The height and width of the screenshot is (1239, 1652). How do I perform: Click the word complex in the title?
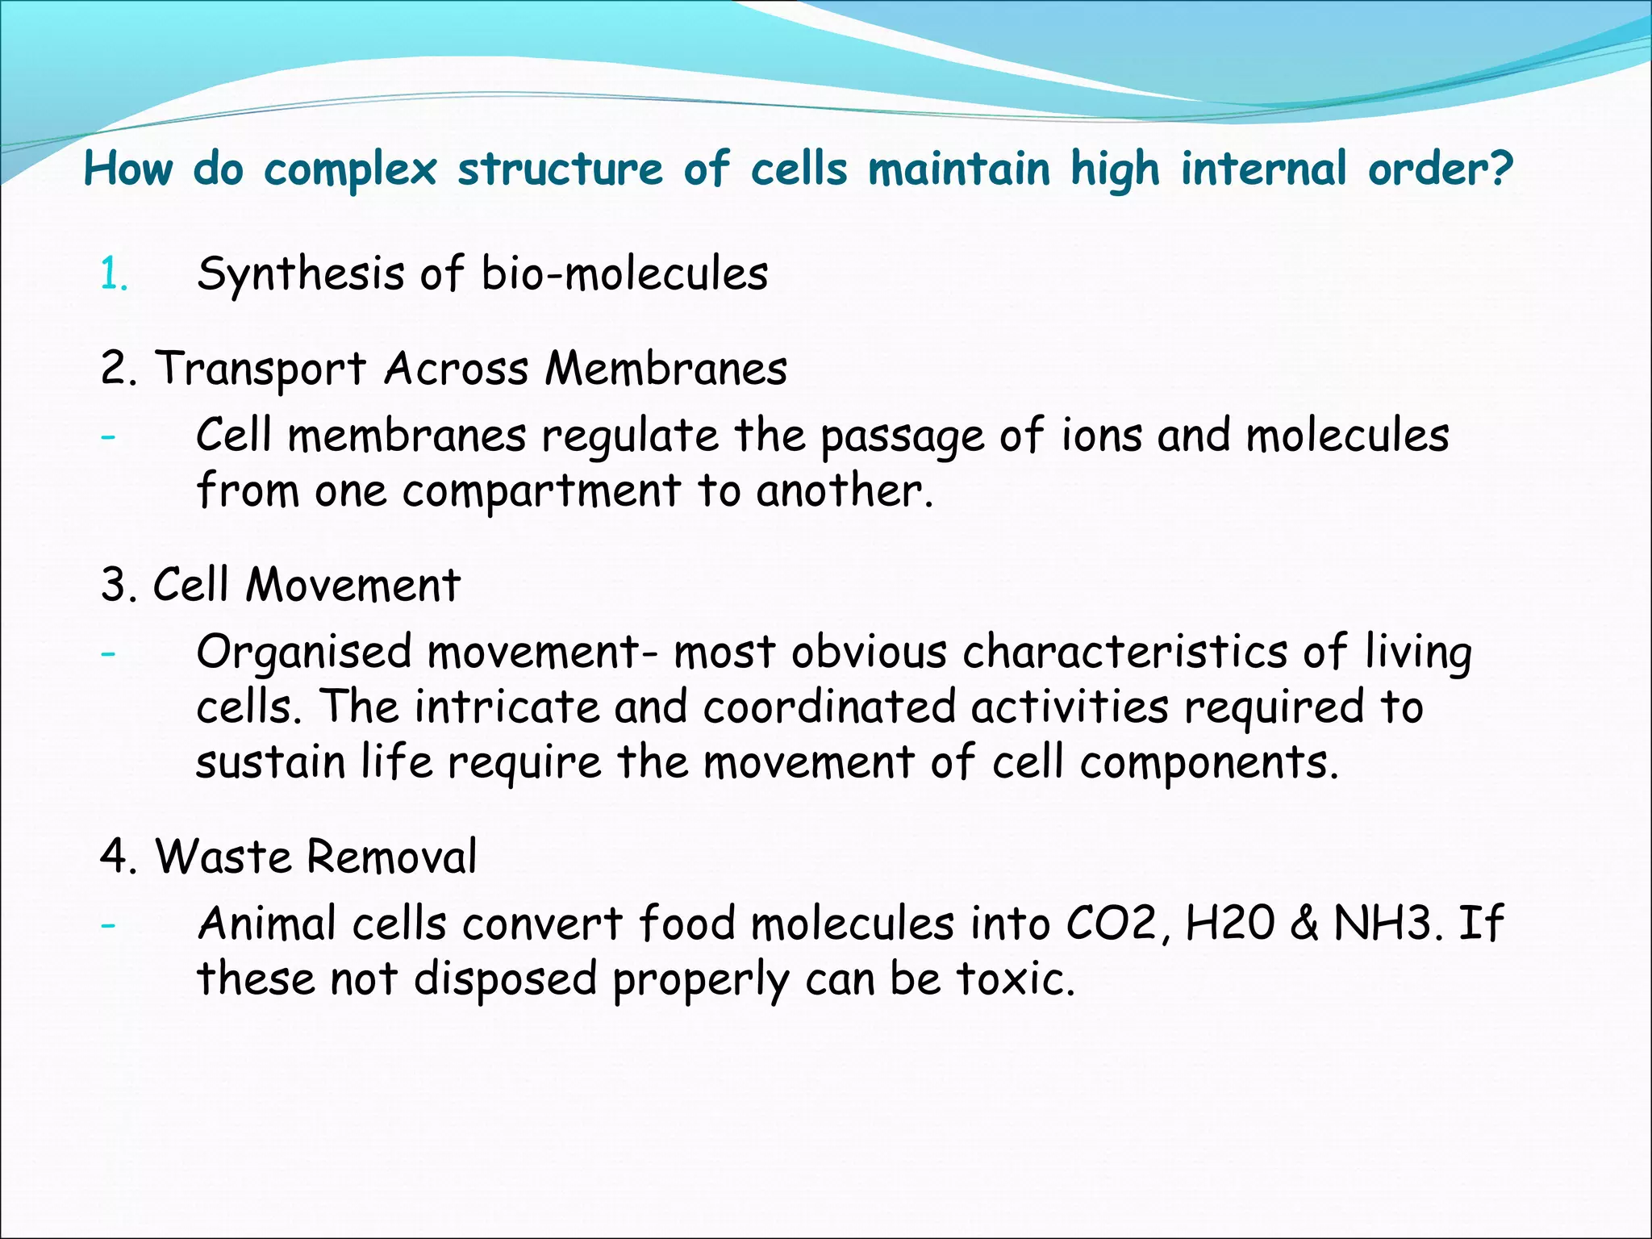(x=350, y=170)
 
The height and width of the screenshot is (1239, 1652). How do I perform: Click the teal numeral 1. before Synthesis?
(x=114, y=274)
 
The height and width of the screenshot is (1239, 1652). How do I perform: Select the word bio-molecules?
(x=624, y=273)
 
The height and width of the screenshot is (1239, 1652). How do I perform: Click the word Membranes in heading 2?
(x=665, y=369)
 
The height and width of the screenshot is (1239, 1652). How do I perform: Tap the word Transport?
(x=261, y=370)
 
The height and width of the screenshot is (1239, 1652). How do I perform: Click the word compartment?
(x=541, y=491)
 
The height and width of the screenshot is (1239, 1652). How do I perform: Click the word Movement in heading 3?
(x=353, y=584)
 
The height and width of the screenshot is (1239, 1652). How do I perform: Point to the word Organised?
(x=304, y=653)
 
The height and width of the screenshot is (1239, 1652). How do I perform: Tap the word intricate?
(x=507, y=707)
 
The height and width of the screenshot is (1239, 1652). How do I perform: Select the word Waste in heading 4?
(x=222, y=856)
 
